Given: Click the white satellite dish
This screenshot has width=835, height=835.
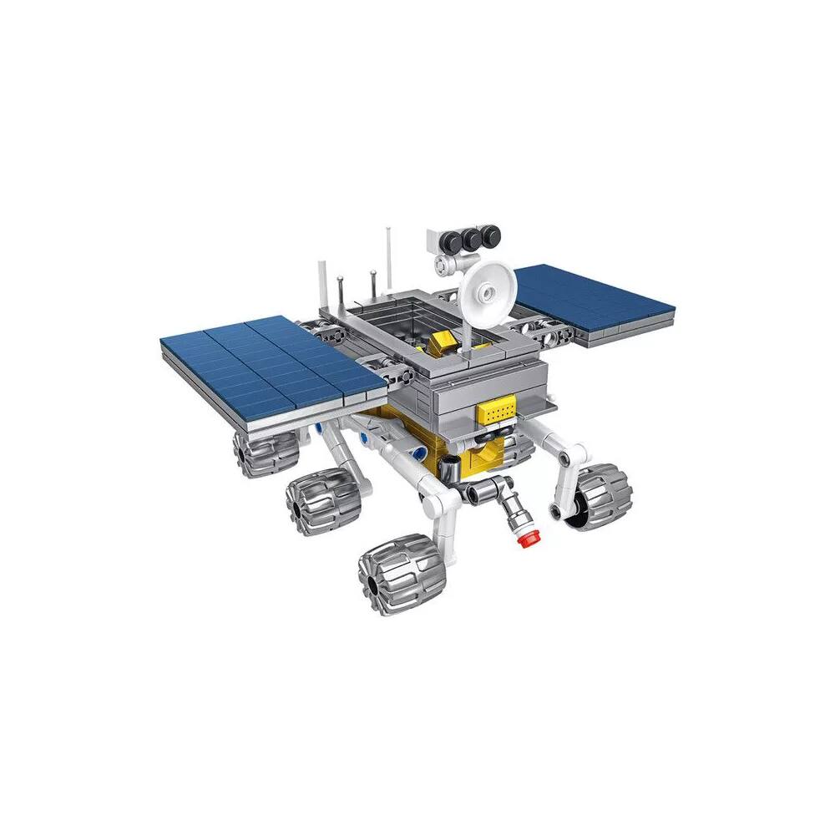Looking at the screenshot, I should (489, 289).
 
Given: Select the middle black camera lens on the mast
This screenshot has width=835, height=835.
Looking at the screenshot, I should (472, 240).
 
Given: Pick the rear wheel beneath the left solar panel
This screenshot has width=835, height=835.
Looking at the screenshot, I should (265, 451).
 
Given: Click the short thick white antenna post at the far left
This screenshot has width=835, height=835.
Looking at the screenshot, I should (322, 289).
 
